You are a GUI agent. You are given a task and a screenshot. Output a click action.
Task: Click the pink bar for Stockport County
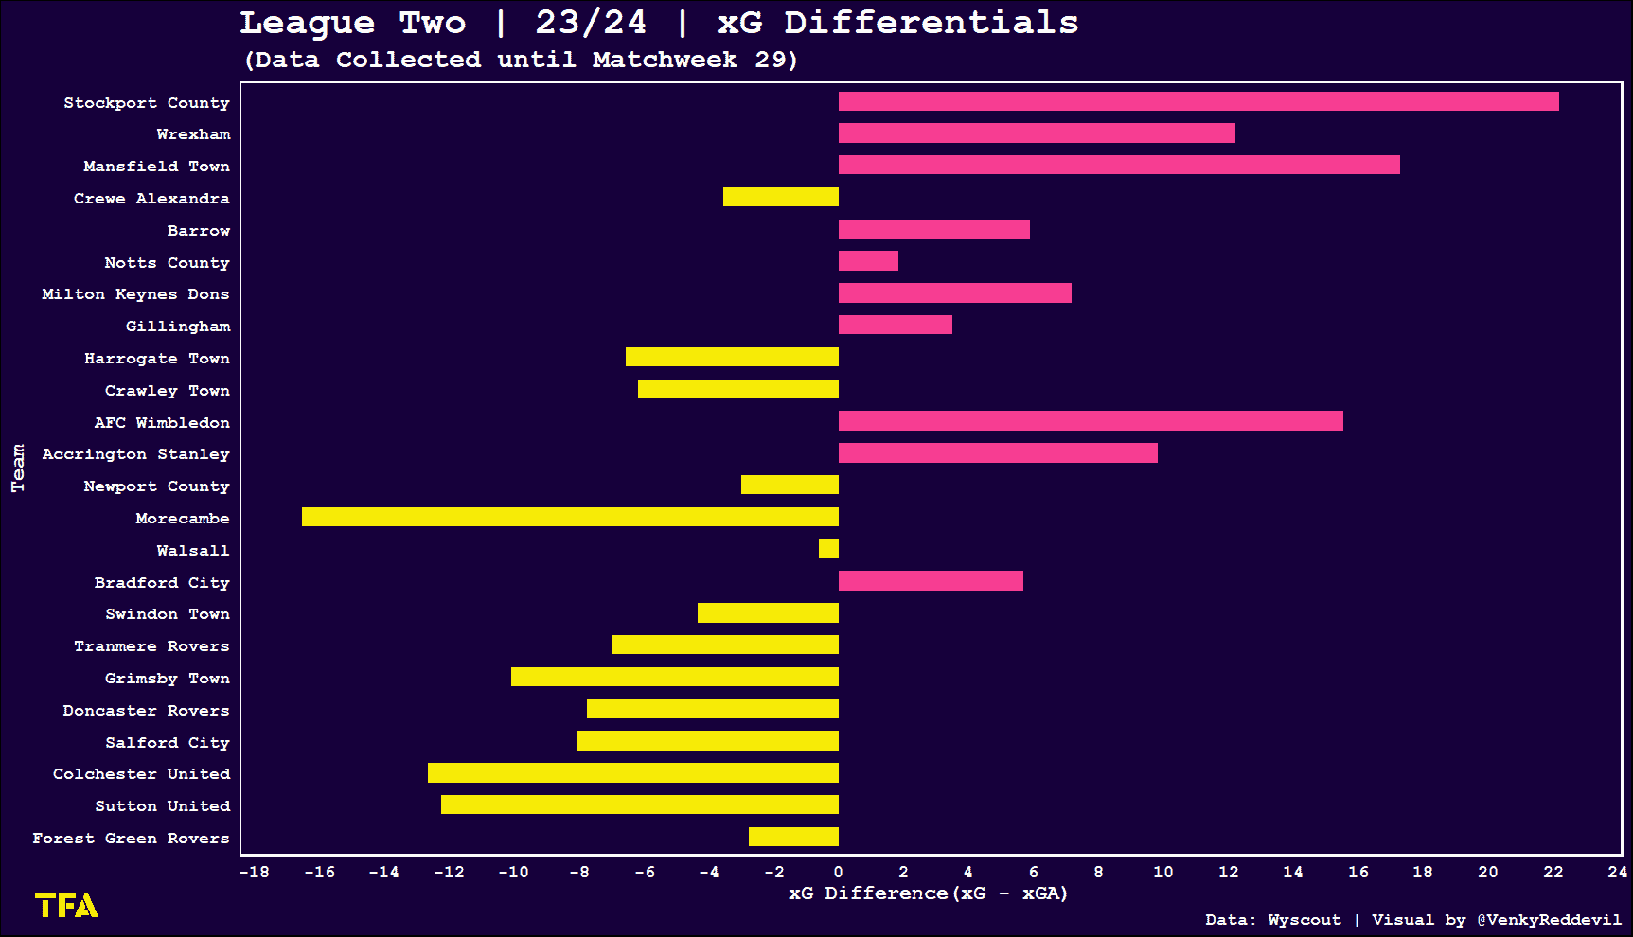1198,101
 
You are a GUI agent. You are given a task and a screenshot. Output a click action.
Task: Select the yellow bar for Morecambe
570,517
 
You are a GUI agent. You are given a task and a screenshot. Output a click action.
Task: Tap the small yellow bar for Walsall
828,549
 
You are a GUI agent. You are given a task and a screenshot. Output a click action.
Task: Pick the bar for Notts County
868,260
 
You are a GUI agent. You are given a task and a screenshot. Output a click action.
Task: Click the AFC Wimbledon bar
1091,421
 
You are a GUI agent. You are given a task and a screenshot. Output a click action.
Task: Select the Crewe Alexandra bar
781,197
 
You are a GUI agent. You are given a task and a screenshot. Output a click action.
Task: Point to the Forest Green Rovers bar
793,837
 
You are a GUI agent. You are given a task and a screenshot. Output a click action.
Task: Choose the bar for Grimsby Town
675,677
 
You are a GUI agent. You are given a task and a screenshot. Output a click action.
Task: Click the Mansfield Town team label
156,167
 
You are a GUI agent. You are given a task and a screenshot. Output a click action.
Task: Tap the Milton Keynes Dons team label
135,294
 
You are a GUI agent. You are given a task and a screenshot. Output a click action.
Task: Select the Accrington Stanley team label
135,454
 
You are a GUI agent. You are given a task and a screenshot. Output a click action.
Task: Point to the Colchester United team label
141,774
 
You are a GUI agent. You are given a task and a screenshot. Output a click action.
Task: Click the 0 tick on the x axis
838,872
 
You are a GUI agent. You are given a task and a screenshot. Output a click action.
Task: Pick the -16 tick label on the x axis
319,872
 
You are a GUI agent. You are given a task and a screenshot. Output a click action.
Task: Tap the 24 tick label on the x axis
1617,872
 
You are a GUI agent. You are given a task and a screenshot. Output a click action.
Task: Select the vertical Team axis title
18,468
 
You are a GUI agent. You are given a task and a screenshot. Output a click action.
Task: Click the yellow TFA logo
66,906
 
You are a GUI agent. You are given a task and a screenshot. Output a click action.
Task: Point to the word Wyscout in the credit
1305,920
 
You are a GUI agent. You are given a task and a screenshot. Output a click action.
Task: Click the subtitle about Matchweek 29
521,60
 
